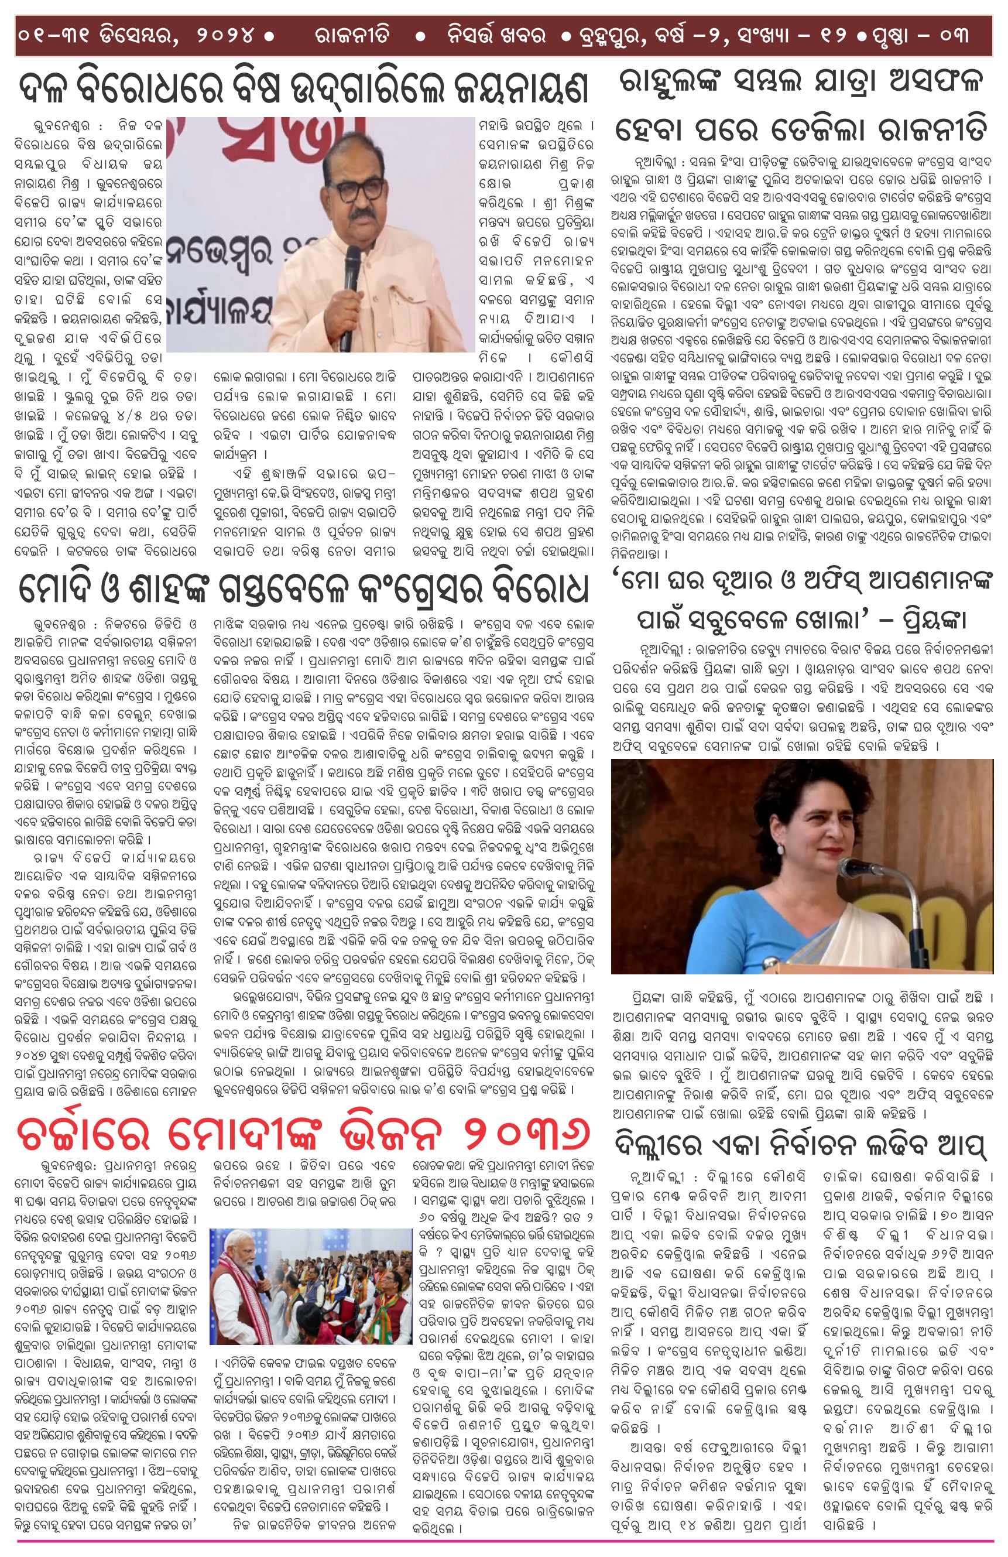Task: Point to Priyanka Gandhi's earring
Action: coord(780,848)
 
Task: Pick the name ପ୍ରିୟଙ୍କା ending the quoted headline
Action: coord(928,618)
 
